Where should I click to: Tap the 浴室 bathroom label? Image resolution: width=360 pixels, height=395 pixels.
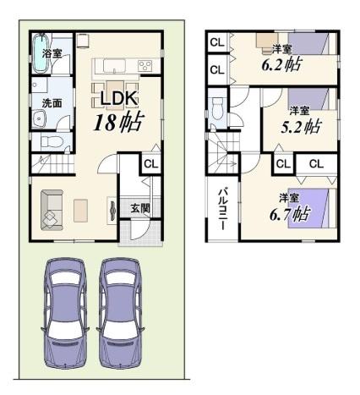point(52,54)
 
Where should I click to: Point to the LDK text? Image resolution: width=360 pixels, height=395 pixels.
point(119,100)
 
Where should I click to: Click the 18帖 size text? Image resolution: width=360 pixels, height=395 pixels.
point(119,122)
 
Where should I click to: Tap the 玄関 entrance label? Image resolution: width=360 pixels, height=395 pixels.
point(139,207)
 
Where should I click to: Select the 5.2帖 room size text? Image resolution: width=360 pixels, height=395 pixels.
point(302,126)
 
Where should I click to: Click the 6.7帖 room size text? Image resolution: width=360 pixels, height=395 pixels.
point(290,213)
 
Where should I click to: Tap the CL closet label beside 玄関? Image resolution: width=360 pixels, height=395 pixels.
point(150,164)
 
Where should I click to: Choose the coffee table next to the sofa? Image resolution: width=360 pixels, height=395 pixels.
point(81,209)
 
